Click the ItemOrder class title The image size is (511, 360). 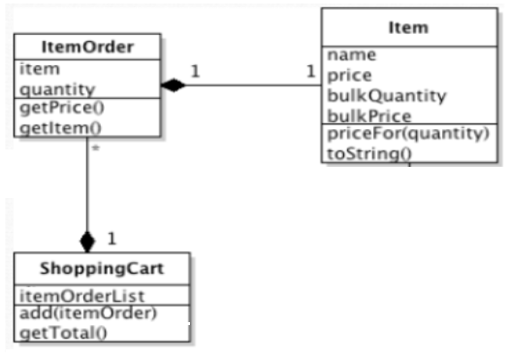(x=87, y=47)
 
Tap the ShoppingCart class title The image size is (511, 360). (x=102, y=268)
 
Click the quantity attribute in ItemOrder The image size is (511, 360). (x=49, y=88)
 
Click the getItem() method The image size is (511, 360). (x=53, y=126)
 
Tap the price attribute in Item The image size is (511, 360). (x=347, y=74)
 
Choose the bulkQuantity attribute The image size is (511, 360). (x=373, y=95)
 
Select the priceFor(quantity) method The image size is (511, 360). (x=407, y=134)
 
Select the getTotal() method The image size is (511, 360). (x=59, y=333)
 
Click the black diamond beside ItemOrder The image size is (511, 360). (x=173, y=85)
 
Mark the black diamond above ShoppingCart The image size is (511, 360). (x=88, y=240)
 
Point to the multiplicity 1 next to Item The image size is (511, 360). (x=310, y=71)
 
